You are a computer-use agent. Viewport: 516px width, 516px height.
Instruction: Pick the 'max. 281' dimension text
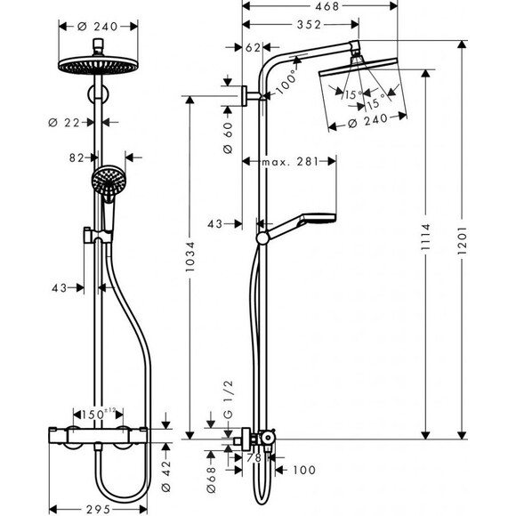pos(291,161)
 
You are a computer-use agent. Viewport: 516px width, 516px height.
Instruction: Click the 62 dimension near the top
pos(252,48)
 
